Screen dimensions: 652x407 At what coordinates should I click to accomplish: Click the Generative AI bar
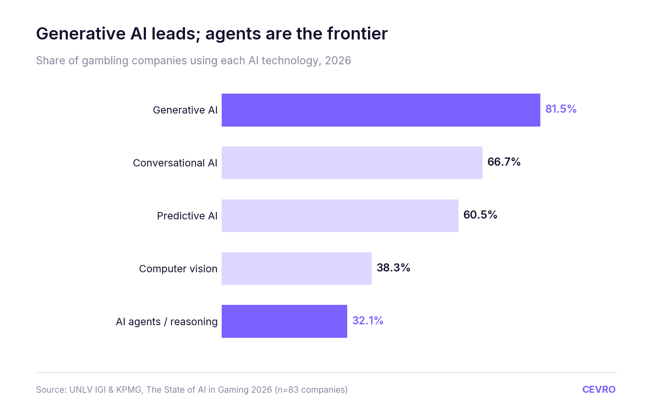(x=381, y=110)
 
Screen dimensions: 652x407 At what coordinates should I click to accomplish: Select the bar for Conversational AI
(x=352, y=163)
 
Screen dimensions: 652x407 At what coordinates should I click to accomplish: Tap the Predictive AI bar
(x=340, y=216)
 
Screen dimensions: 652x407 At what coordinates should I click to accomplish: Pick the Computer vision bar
(x=297, y=269)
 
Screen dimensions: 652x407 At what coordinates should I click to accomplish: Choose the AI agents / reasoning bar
(x=284, y=321)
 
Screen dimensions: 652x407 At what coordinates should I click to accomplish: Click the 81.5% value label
(x=561, y=109)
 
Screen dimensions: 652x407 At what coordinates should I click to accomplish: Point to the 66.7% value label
(x=504, y=162)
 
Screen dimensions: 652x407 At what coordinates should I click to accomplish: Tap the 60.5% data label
(x=480, y=215)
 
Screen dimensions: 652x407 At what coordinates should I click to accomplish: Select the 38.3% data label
(x=393, y=268)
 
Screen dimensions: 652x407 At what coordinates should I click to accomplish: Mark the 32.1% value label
(x=368, y=321)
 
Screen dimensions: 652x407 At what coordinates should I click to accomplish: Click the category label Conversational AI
(x=175, y=163)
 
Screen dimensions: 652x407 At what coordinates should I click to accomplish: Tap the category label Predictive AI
(x=187, y=216)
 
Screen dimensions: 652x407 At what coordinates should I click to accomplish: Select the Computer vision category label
(x=178, y=269)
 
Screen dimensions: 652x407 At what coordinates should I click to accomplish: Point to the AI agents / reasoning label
(x=167, y=322)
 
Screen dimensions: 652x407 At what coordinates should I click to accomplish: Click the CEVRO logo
(x=599, y=389)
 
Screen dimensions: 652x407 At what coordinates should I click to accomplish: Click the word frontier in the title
(x=357, y=33)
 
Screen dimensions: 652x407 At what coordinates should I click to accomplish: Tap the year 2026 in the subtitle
(x=338, y=61)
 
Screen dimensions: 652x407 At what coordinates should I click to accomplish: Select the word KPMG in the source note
(x=129, y=389)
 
